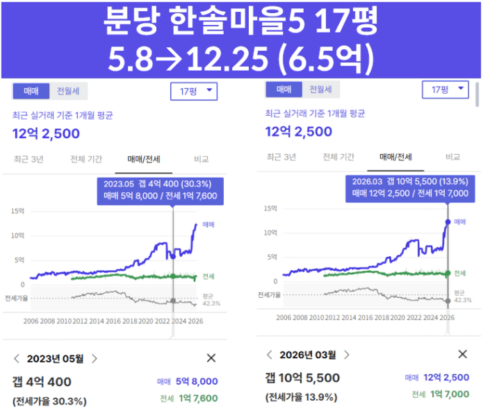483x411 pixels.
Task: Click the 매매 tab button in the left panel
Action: [31, 90]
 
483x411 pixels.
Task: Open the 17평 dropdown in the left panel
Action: [194, 91]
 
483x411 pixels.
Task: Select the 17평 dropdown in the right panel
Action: [445, 90]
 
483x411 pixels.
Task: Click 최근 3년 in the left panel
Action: [28, 159]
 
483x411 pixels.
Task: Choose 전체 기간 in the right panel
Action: [340, 157]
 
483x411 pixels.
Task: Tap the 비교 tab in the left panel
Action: [201, 159]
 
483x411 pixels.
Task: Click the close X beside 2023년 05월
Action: [211, 358]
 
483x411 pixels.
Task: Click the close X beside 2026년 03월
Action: [462, 355]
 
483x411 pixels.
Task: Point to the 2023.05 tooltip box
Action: [160, 190]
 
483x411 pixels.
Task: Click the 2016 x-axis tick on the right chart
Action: [367, 317]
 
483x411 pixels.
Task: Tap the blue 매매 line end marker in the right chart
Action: [447, 222]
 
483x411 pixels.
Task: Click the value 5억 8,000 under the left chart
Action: [197, 381]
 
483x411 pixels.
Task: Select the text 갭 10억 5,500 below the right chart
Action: [302, 378]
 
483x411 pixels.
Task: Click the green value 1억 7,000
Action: [449, 394]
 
